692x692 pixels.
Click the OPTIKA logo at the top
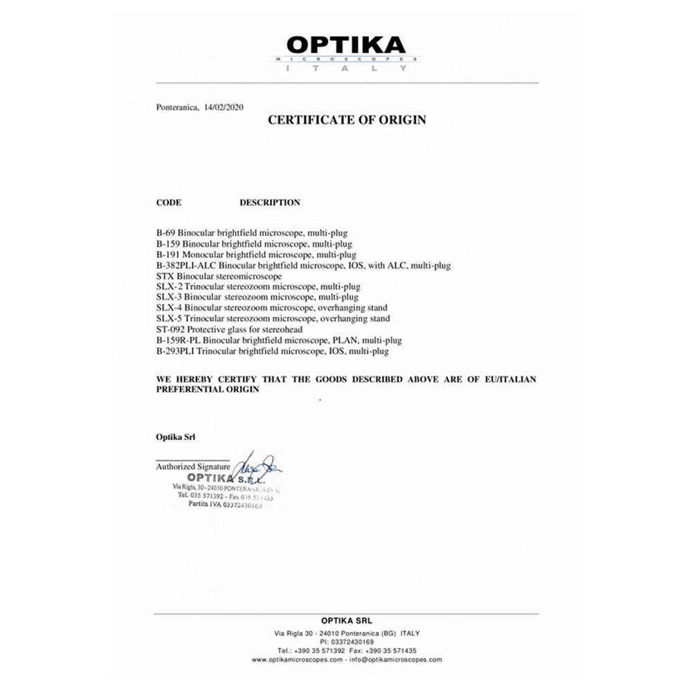click(346, 46)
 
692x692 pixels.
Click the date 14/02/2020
click(223, 107)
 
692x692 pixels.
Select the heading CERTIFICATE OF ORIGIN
click(347, 120)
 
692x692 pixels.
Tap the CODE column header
click(169, 203)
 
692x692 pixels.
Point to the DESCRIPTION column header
click(270, 203)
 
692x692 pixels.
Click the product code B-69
click(165, 233)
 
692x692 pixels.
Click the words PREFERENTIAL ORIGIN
click(208, 390)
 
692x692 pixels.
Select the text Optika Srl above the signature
click(176, 437)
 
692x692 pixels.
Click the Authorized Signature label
click(192, 467)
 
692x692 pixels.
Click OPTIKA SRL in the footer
click(346, 621)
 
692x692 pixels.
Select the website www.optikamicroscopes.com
click(297, 659)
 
